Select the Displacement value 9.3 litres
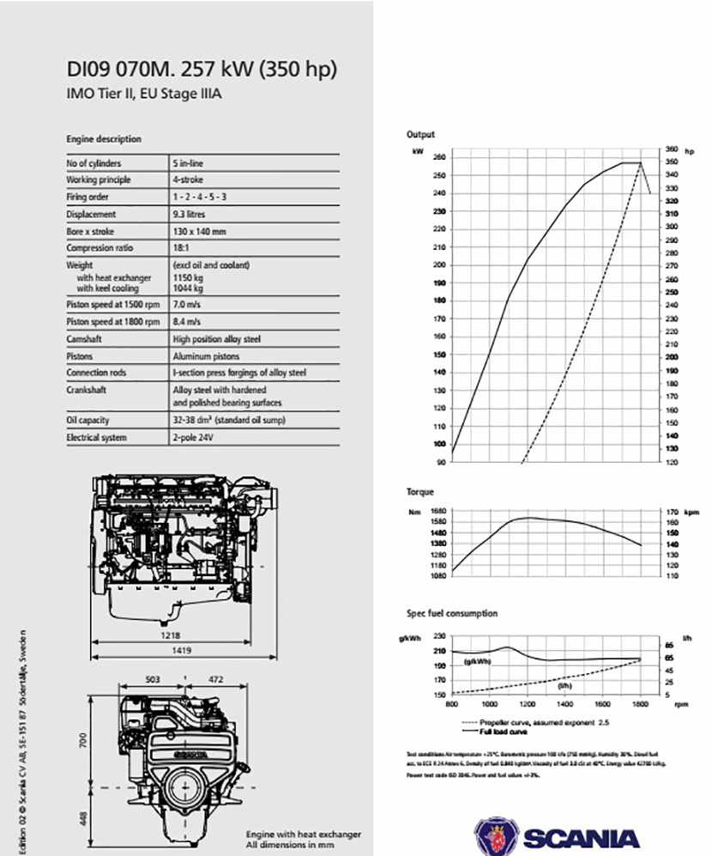(189, 215)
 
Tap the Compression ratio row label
(95, 249)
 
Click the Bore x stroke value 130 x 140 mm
(199, 232)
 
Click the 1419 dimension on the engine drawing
(180, 652)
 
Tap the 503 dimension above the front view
(153, 679)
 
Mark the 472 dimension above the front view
(215, 679)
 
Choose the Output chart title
(420, 135)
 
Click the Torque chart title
(420, 492)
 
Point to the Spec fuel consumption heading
(451, 614)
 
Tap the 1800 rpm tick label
(640, 705)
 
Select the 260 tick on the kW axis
(439, 157)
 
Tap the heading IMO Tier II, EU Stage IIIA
(144, 93)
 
